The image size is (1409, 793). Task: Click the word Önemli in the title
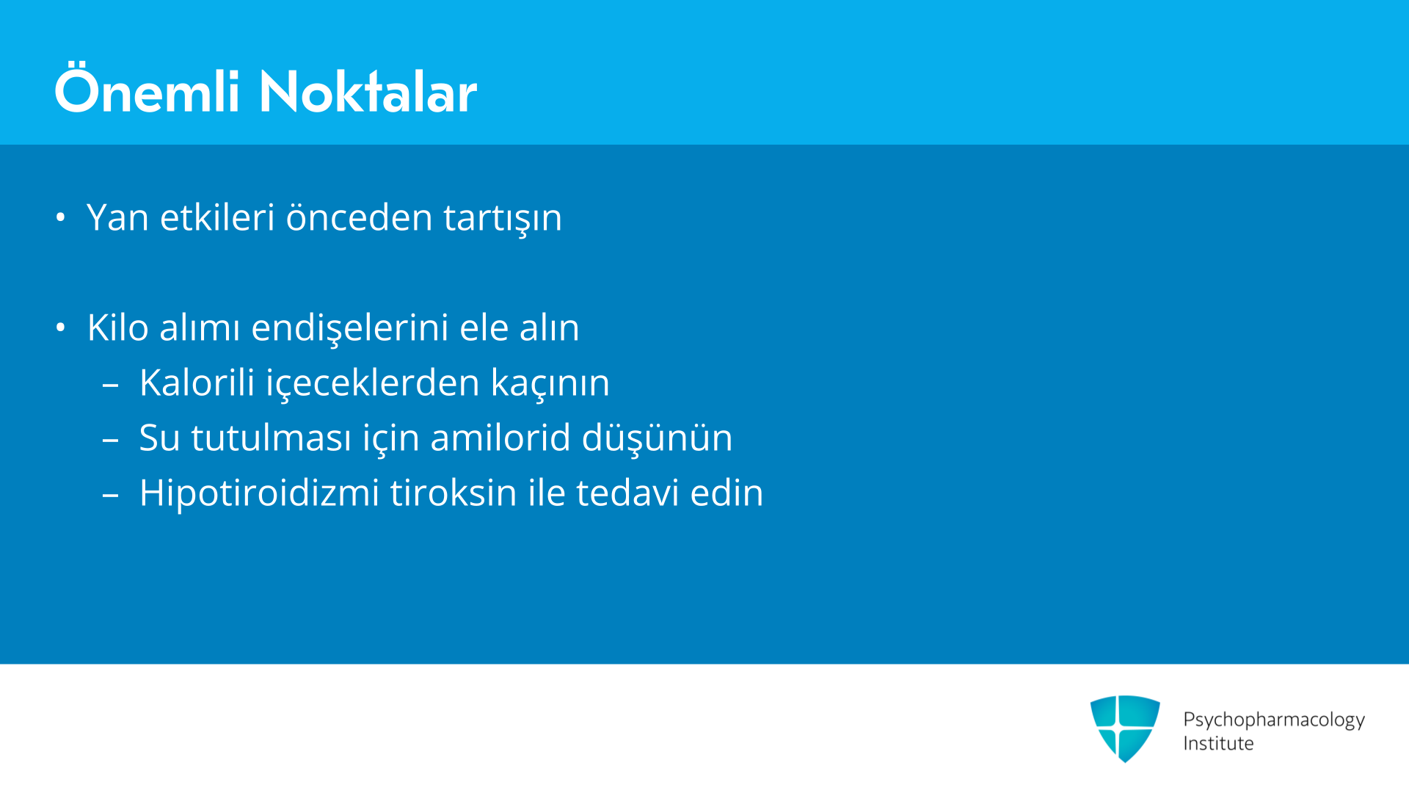[148, 89]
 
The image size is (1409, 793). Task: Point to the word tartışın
[503, 219]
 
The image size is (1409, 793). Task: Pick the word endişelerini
[350, 327]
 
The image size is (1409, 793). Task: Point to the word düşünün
[657, 438]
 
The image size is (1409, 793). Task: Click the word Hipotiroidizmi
[259, 493]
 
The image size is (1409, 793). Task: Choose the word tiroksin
[454, 493]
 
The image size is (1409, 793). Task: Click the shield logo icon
[1125, 728]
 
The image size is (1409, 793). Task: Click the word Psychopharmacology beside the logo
[1274, 720]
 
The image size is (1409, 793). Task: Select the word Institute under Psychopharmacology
[1218, 743]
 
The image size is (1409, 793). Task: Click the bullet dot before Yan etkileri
[61, 217]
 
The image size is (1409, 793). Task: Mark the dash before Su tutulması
[111, 440]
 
